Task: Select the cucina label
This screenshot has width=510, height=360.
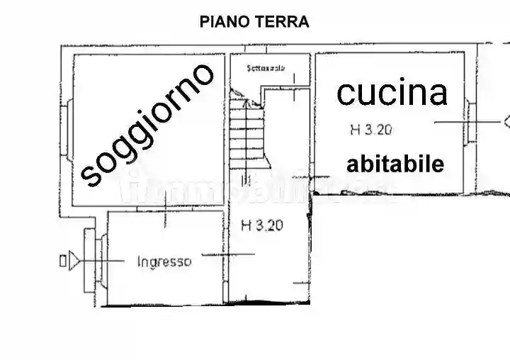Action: point(392,93)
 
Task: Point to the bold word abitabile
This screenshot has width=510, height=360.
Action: point(395,164)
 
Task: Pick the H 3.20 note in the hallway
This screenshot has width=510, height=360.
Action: point(262,226)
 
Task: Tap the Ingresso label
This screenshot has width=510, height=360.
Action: point(164,261)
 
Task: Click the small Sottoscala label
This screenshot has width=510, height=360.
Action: point(266,69)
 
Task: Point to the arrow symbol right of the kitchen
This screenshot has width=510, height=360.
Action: point(506,121)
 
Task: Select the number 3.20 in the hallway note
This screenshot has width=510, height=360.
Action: point(269,226)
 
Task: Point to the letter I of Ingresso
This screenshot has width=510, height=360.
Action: point(138,261)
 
